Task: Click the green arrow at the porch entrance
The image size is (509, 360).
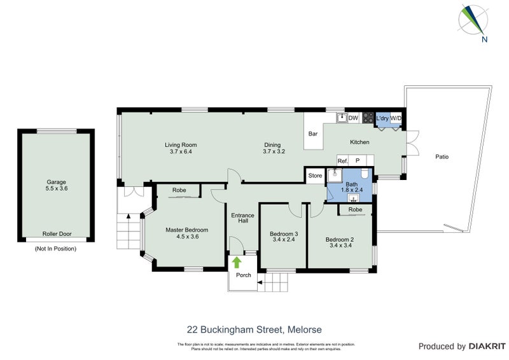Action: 237,261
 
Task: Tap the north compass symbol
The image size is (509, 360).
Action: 472,21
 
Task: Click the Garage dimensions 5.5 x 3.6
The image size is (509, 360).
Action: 56,189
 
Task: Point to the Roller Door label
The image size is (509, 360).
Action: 56,234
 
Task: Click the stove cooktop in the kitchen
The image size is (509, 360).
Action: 367,118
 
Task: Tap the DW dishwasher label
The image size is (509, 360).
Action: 353,118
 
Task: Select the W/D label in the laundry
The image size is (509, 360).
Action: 395,118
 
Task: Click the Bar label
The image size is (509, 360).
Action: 312,134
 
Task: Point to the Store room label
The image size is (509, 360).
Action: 315,176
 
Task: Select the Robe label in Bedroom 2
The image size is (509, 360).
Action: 355,209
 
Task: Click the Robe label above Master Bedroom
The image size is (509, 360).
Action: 179,190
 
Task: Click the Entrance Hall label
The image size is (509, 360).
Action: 242,218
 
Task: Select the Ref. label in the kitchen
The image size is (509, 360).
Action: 342,161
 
